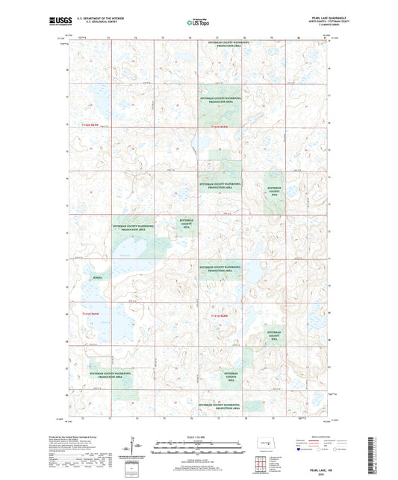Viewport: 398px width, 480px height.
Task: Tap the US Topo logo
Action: tap(198, 23)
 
